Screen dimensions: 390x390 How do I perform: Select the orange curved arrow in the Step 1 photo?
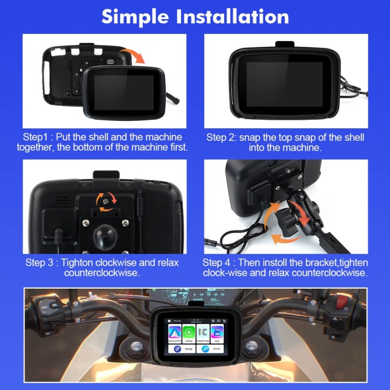pyautogui.click(x=132, y=55)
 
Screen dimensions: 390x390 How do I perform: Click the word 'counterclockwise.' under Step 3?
pyautogui.click(x=102, y=273)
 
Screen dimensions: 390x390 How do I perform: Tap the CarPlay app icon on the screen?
pyautogui.click(x=189, y=333)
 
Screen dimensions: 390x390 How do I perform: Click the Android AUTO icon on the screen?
pyautogui.click(x=175, y=333)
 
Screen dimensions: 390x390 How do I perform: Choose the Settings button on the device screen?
pyautogui.click(x=181, y=349)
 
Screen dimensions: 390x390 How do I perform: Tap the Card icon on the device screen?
pyautogui.click(x=217, y=333)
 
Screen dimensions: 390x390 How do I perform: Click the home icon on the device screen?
pyautogui.click(x=170, y=321)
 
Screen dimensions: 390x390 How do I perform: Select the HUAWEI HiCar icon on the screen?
pyautogui.click(x=203, y=333)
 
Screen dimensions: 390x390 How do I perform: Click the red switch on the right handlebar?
pyautogui.click(x=343, y=302)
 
